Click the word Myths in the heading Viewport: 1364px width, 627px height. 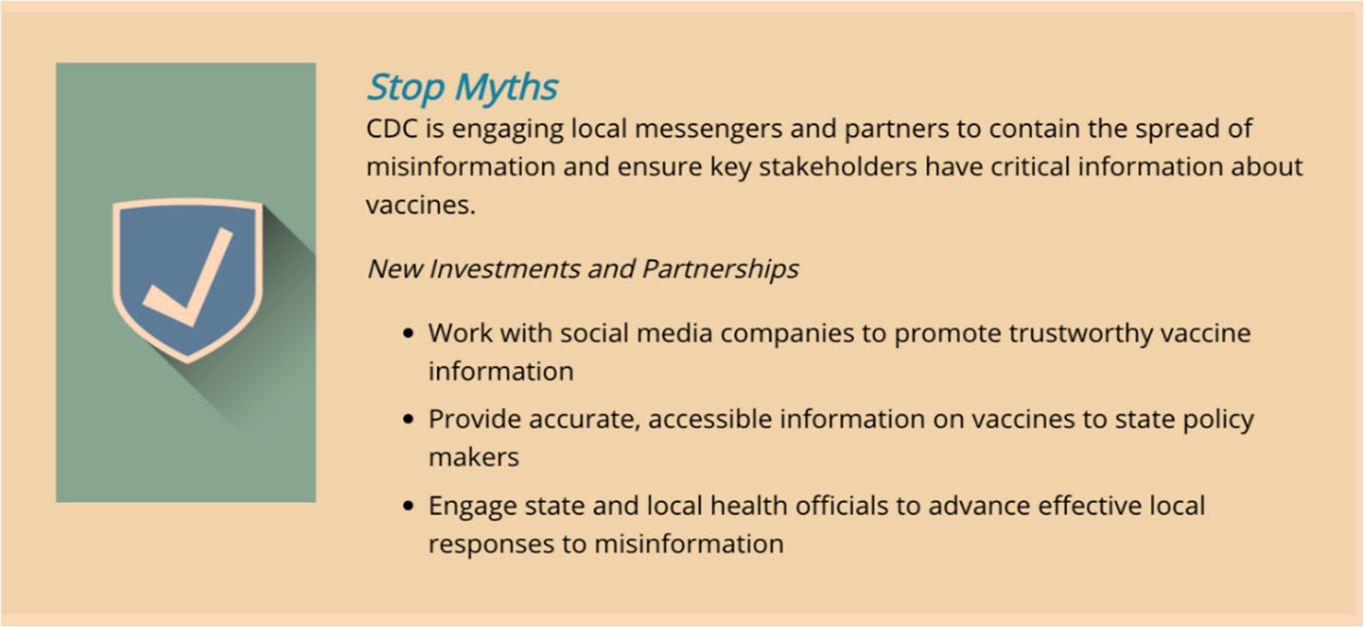(x=506, y=87)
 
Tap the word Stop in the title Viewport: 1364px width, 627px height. (x=406, y=87)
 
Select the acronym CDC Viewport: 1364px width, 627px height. (x=392, y=129)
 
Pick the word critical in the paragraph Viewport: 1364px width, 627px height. (x=1030, y=167)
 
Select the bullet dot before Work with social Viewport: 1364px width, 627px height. (x=408, y=333)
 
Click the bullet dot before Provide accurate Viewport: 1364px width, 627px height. (x=408, y=419)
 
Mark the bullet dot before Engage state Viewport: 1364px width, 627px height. (x=408, y=506)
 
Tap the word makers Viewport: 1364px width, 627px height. (x=474, y=457)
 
